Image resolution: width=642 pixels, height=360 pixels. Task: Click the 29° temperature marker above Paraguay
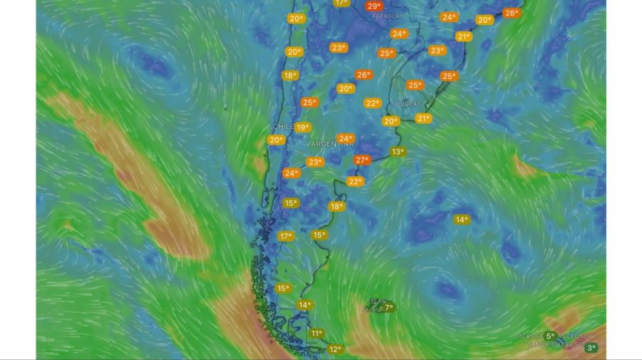374,6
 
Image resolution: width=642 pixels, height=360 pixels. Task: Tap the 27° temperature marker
362,160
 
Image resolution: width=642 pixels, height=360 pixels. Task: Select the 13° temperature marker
398,151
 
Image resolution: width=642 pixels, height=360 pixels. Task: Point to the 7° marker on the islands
388,307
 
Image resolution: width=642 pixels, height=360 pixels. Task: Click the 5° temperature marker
550,336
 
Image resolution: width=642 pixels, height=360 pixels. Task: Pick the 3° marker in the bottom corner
591,348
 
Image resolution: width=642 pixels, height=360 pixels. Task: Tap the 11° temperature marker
317,333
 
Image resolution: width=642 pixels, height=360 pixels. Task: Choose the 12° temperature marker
335,349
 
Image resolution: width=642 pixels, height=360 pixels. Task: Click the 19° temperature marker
303,128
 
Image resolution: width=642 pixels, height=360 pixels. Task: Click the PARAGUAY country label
387,16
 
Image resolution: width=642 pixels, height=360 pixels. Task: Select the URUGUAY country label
406,104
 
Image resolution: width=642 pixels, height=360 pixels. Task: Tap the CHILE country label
283,127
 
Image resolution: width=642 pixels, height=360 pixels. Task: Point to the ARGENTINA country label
332,144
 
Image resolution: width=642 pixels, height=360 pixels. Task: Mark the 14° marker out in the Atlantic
462,220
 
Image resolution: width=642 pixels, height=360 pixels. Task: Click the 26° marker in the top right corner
511,13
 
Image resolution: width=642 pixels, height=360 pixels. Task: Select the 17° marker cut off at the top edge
341,3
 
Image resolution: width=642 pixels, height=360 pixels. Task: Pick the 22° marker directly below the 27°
355,181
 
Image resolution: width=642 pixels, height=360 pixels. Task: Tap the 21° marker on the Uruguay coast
424,118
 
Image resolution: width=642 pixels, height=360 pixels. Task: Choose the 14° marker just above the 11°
305,305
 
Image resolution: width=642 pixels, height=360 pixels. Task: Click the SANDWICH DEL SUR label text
556,344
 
